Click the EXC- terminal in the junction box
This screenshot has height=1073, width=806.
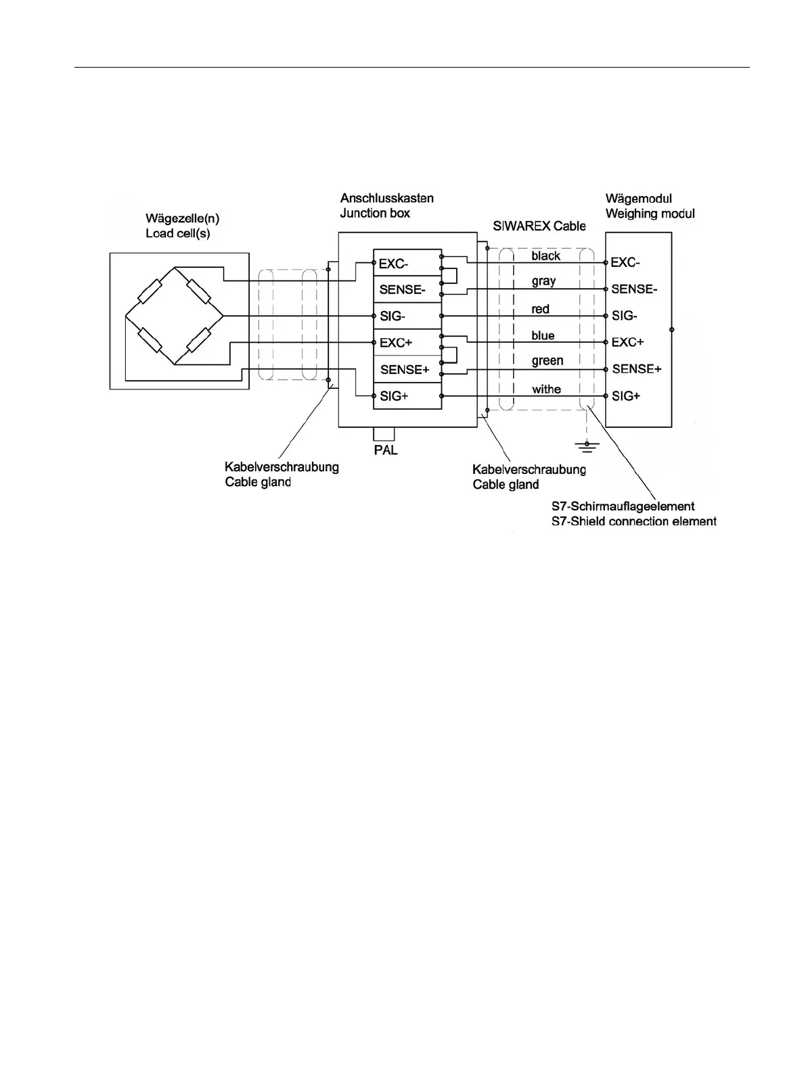[x=393, y=264]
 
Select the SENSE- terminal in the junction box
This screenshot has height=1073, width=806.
[x=402, y=290]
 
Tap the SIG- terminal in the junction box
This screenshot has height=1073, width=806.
[x=393, y=316]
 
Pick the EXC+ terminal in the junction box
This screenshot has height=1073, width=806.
[x=395, y=343]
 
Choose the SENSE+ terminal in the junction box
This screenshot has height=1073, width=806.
[x=405, y=369]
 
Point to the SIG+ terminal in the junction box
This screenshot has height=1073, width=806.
[x=394, y=396]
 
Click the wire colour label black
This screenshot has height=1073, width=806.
[x=545, y=256]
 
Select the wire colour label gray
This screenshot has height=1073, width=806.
[x=543, y=281]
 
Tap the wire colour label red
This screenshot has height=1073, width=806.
[x=540, y=309]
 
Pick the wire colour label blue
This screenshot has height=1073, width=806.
[x=543, y=335]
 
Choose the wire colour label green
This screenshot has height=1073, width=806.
[x=547, y=361]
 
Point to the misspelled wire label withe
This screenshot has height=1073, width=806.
[x=546, y=389]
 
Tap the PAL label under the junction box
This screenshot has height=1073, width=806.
[x=386, y=450]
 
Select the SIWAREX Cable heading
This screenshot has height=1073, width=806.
[x=539, y=226]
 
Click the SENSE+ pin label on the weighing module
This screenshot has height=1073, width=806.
[x=636, y=369]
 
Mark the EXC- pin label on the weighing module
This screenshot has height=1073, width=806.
[x=625, y=262]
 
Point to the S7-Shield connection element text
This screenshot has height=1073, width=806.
[x=634, y=521]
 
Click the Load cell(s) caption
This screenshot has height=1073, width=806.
[x=177, y=233]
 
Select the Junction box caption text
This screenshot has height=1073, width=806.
[x=375, y=213]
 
